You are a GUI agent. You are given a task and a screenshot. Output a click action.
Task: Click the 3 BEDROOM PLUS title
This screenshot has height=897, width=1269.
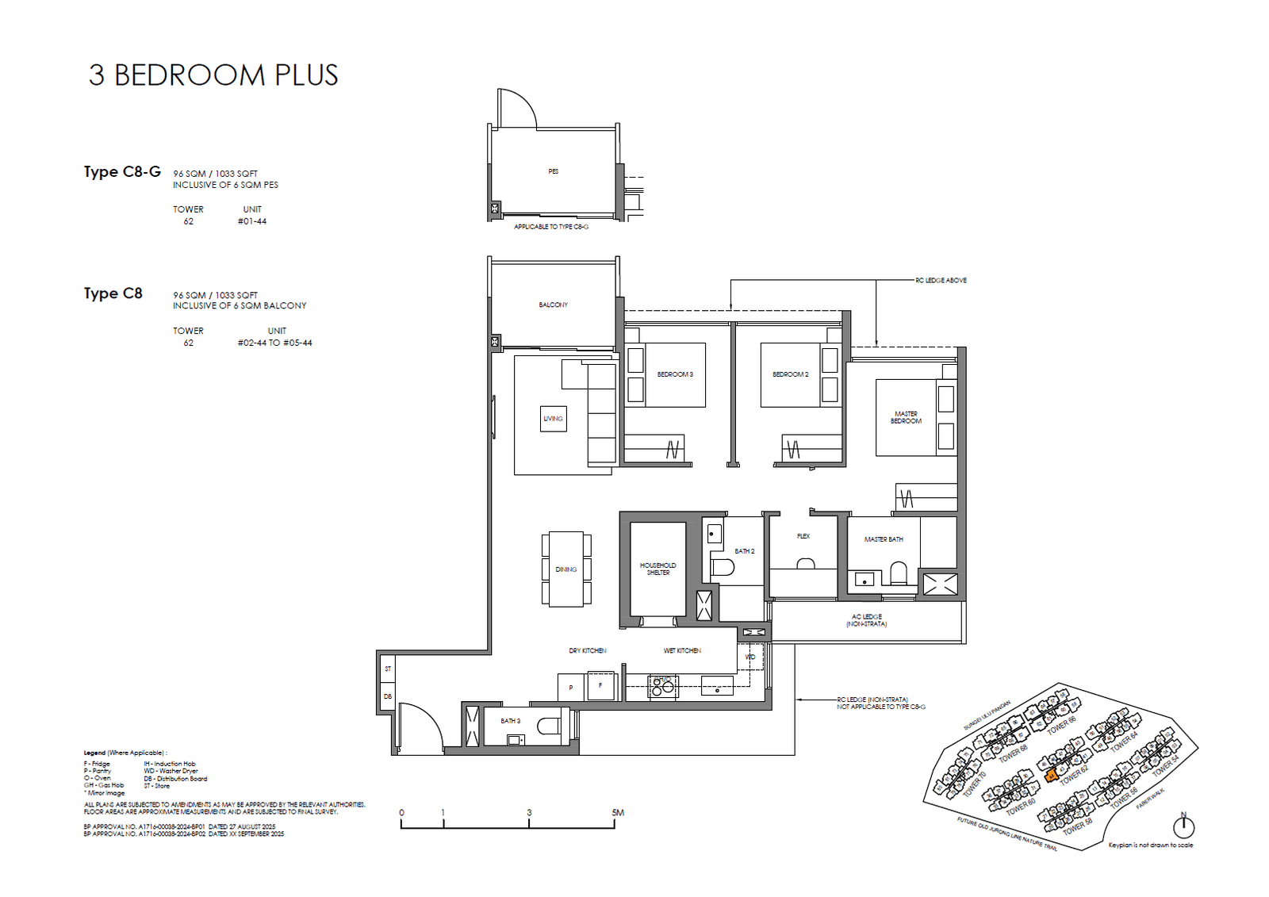213,75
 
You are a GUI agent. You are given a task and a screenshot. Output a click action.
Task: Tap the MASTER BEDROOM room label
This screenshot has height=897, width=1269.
906,417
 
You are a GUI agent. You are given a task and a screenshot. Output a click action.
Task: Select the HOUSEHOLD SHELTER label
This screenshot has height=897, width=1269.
658,569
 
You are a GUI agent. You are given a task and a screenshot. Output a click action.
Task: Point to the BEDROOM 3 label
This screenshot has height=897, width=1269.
675,374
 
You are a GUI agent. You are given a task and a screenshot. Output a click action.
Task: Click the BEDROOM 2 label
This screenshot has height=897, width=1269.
790,374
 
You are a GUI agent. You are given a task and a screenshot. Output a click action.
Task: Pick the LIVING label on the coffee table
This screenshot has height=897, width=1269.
553,419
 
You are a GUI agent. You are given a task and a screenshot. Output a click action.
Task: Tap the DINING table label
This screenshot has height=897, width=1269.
566,569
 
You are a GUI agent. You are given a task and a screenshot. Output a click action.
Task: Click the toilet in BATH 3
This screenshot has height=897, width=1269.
549,725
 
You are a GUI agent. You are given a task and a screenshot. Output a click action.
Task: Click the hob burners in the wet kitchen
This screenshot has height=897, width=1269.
662,686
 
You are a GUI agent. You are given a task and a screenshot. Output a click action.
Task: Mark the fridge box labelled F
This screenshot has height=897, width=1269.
600,686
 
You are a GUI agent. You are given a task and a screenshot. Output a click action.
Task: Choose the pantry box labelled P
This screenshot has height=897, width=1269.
571,688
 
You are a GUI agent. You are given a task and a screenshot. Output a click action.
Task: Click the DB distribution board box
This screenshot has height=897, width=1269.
387,696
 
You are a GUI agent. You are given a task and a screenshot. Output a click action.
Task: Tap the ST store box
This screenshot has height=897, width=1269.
387,669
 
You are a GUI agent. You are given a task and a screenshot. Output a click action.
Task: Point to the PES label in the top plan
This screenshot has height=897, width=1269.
553,171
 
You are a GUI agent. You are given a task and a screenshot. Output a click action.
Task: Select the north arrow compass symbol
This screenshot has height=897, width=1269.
1183,826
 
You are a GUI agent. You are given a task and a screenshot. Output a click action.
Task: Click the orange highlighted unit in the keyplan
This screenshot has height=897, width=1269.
1051,776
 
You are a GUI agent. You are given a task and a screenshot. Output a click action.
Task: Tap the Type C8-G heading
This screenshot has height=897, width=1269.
122,172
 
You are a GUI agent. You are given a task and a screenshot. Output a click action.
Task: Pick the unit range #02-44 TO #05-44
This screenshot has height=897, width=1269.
274,343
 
